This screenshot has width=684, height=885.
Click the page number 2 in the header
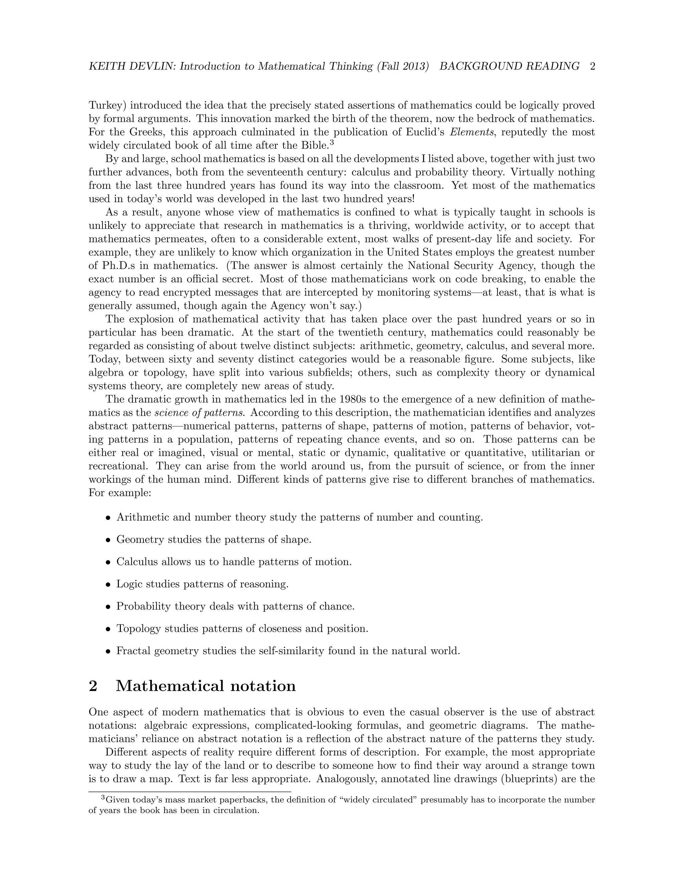(x=592, y=66)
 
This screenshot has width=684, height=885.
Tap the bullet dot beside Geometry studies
(x=108, y=540)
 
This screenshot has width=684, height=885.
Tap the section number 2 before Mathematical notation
(x=93, y=686)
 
